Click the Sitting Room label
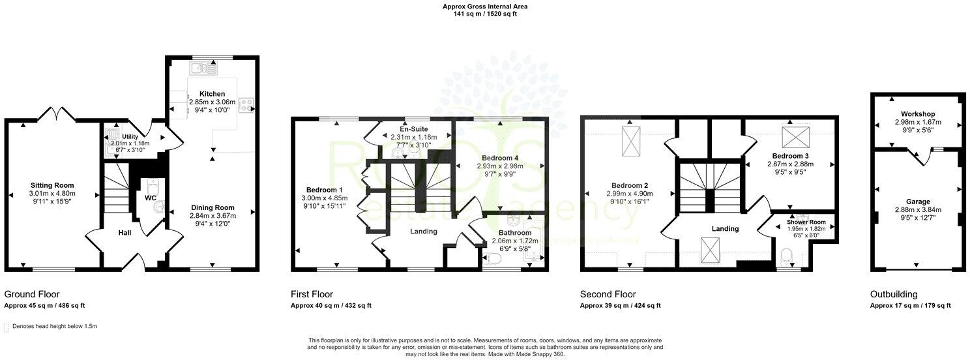52,185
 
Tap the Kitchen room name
212,95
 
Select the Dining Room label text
212,207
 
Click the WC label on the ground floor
151,197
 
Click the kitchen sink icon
203,67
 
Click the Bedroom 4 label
500,158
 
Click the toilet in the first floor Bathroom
493,260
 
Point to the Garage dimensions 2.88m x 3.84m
917,210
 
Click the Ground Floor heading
32,294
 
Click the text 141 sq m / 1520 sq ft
484,14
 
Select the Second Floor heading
608,294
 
